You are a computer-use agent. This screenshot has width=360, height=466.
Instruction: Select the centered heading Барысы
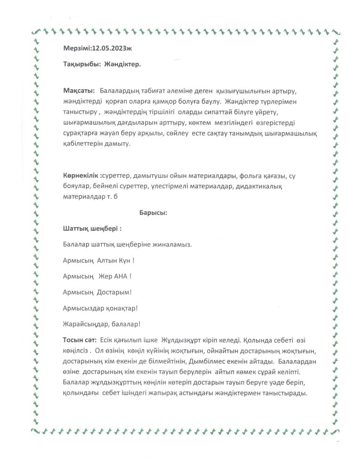point(153,212)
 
